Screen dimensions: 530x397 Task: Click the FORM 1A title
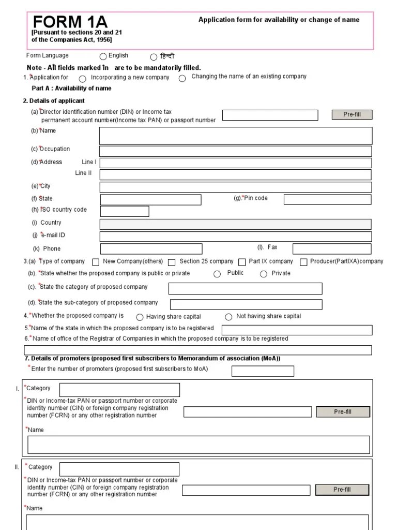(x=70, y=22)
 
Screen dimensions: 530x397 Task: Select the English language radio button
(x=103, y=57)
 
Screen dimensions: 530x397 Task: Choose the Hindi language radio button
(x=154, y=57)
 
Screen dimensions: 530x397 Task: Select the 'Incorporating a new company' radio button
(x=83, y=79)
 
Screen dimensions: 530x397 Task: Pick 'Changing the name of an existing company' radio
(x=182, y=79)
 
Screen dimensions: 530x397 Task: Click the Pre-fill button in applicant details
(x=352, y=115)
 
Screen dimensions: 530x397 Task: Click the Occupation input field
(x=235, y=151)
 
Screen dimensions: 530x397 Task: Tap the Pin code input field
(x=327, y=200)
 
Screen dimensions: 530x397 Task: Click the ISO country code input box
(x=124, y=211)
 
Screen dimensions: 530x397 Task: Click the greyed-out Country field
(x=235, y=224)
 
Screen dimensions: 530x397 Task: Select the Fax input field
(x=332, y=248)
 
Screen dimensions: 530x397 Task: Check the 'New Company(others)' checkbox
(x=96, y=262)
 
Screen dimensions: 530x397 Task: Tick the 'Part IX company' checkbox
(x=242, y=262)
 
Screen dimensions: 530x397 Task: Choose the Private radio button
(x=264, y=274)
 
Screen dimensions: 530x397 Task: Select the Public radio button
(x=217, y=274)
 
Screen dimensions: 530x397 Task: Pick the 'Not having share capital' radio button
(x=228, y=317)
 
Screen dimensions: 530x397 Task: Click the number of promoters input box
(x=263, y=371)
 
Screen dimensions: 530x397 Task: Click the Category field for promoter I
(x=119, y=390)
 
